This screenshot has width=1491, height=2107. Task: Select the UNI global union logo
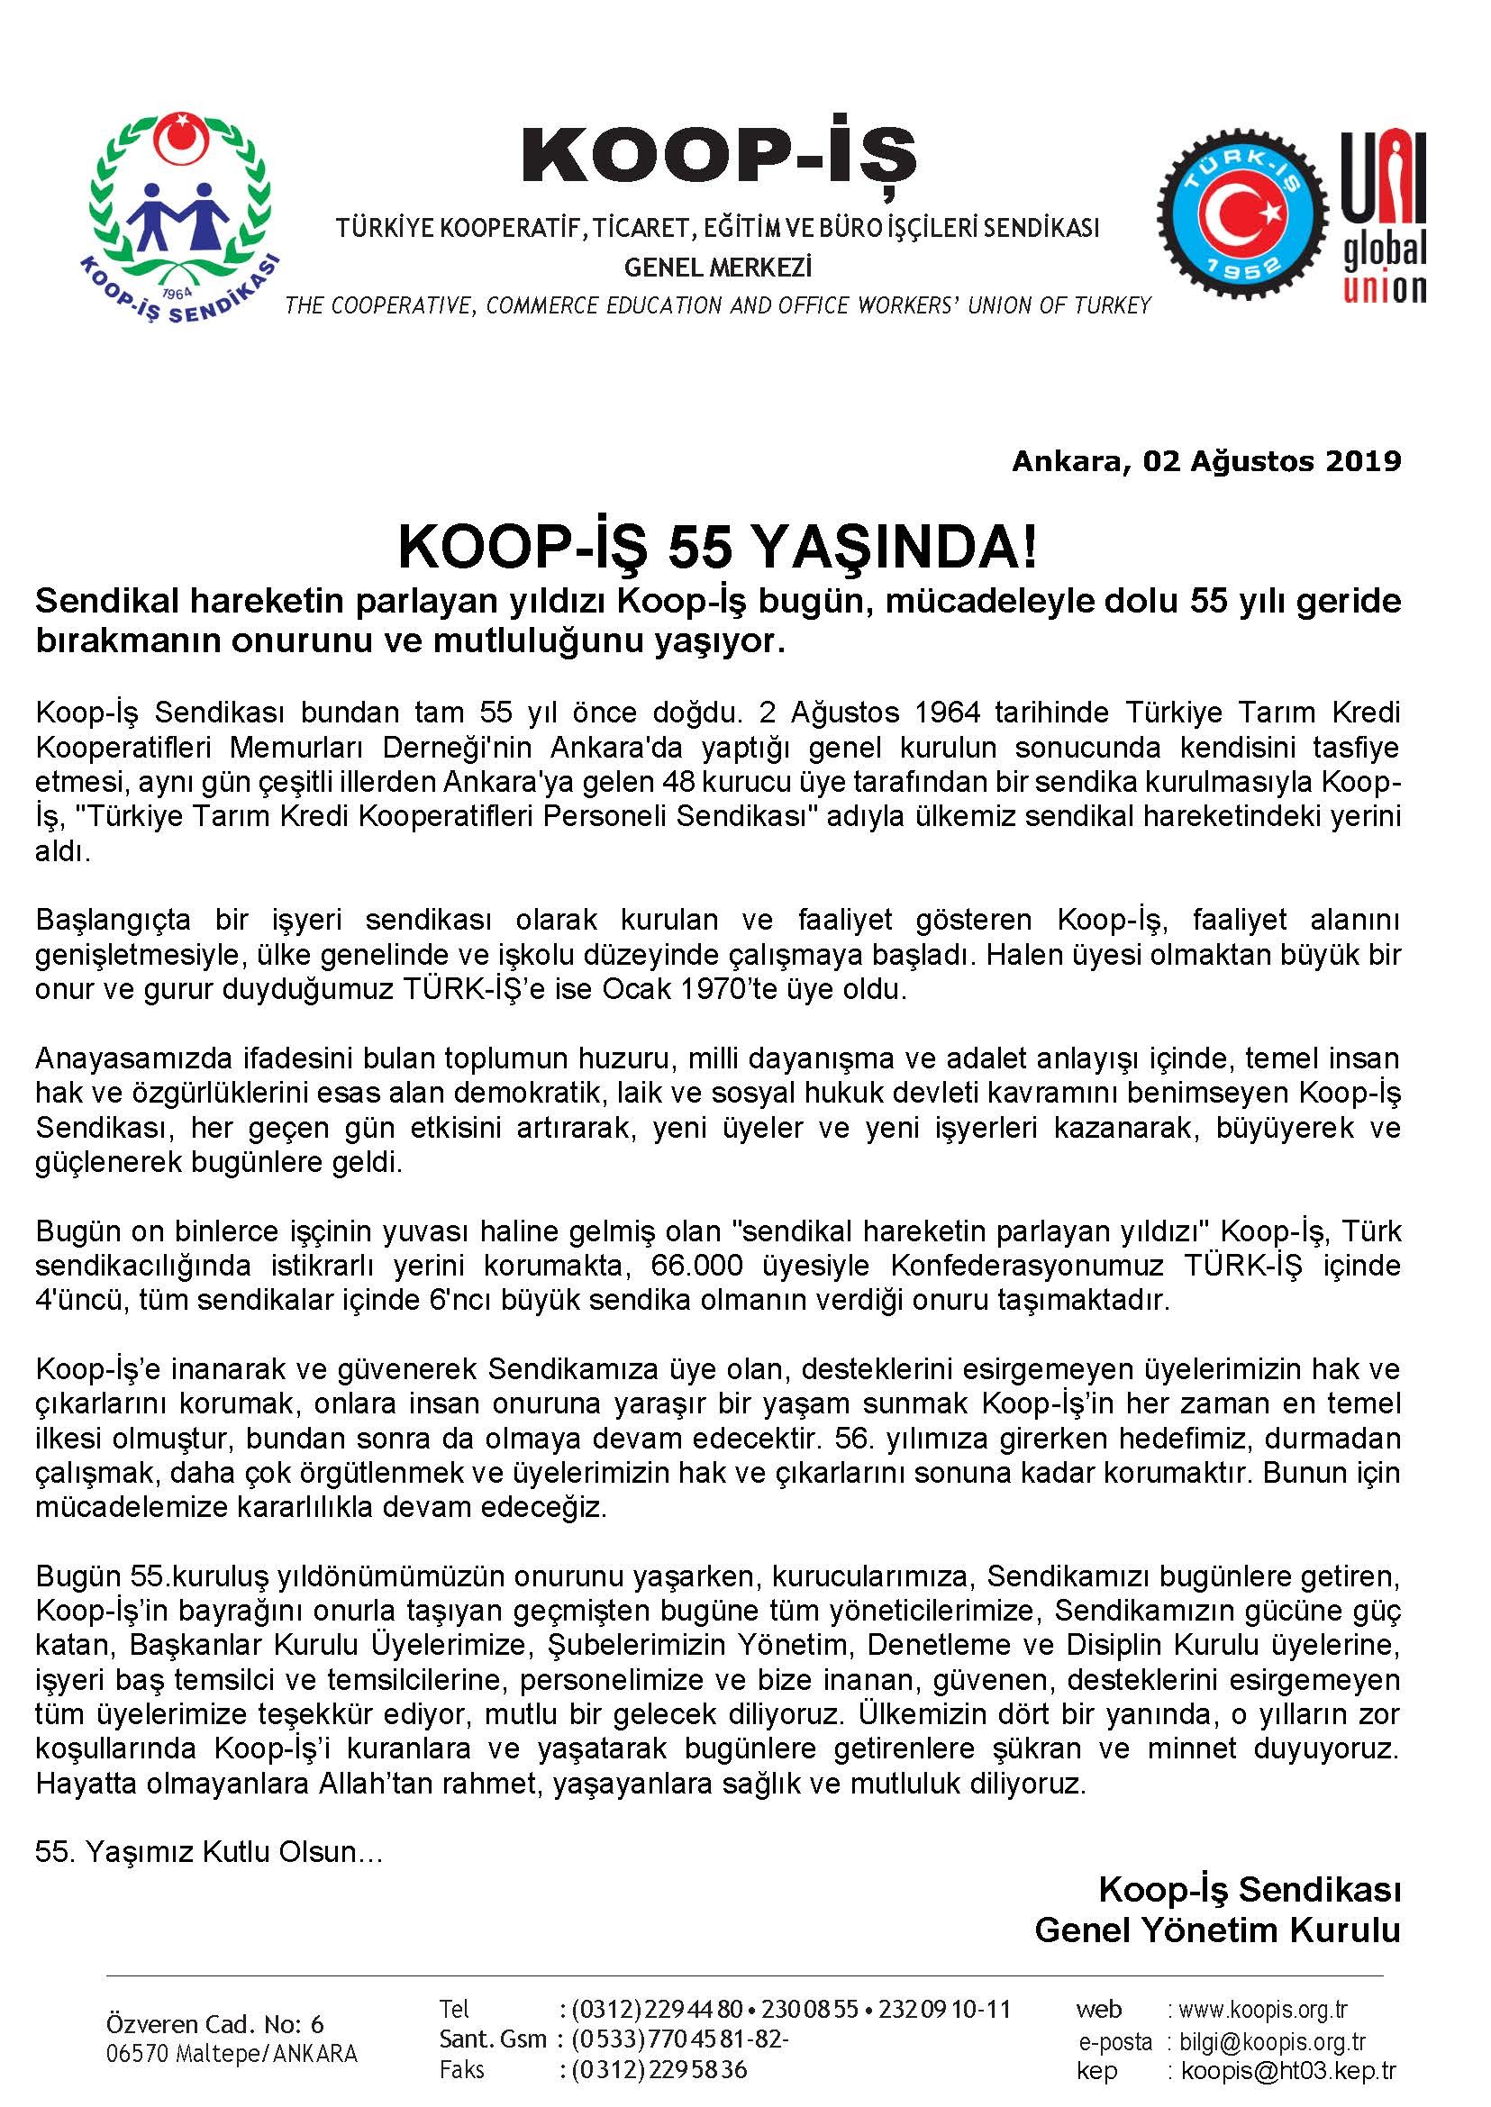click(1385, 217)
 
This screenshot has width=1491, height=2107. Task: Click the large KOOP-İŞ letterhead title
click(719, 157)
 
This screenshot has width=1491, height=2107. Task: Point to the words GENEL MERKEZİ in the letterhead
click(718, 268)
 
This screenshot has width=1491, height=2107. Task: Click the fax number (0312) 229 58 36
click(660, 2070)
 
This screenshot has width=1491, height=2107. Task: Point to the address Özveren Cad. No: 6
click(214, 2024)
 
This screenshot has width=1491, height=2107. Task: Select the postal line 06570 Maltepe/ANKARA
click(232, 2054)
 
